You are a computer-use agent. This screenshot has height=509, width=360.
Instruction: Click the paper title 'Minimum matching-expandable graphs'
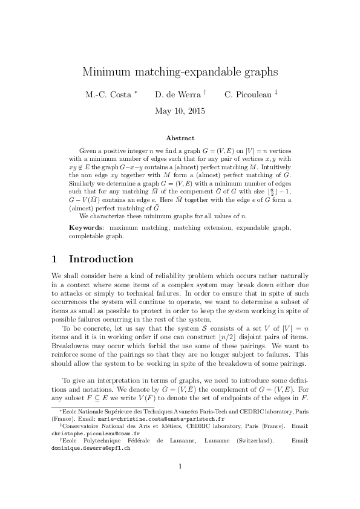click(x=180, y=72)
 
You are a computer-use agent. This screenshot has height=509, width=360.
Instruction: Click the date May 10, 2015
click(x=180, y=111)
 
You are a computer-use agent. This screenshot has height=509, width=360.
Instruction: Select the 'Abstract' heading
click(x=180, y=138)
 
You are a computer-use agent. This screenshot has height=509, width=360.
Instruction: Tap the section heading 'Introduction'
click(x=101, y=259)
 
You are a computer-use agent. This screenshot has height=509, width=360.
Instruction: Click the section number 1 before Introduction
click(x=54, y=259)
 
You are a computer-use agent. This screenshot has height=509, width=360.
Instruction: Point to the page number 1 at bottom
click(x=180, y=482)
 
